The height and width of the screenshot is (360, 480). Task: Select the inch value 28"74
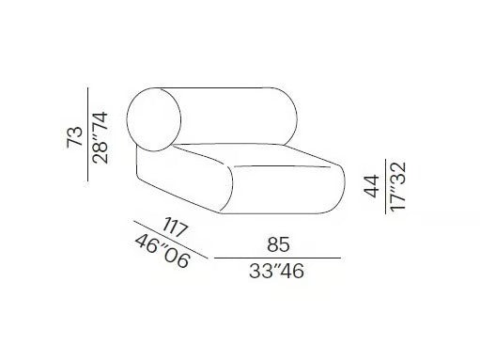pos(102,135)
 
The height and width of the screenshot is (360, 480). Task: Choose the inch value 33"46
pos(277,272)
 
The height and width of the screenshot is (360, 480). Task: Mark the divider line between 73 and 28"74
pos(88,135)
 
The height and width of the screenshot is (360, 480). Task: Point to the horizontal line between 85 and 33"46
pos(277,257)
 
